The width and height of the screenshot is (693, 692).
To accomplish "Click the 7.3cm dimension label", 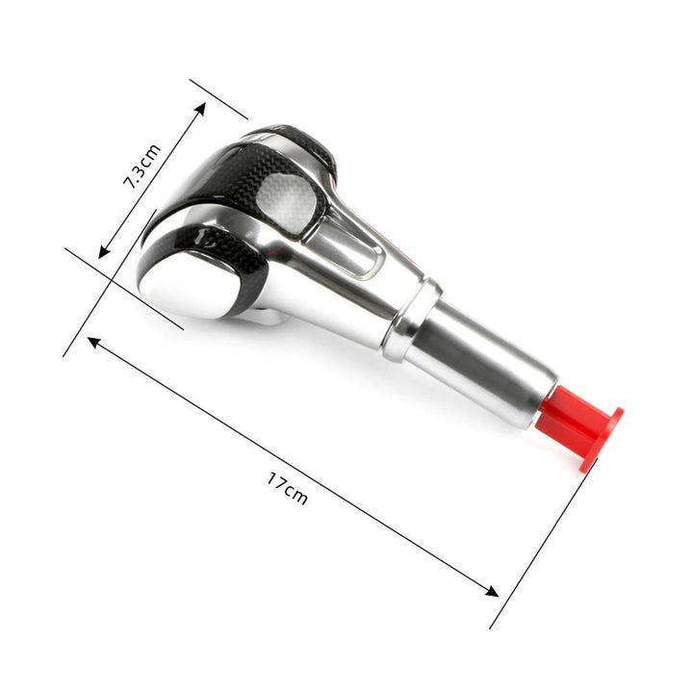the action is (x=141, y=167).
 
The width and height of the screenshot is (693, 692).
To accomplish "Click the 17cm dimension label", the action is (x=287, y=488).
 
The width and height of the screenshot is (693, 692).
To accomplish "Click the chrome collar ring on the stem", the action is (x=412, y=319).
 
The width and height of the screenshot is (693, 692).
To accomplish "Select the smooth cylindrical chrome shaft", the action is (x=479, y=363).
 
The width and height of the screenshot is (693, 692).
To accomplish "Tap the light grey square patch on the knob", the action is (x=287, y=202).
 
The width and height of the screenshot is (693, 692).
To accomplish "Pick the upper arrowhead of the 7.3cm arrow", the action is (x=200, y=108).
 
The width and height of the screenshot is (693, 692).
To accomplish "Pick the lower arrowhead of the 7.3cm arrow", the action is (x=104, y=252).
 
